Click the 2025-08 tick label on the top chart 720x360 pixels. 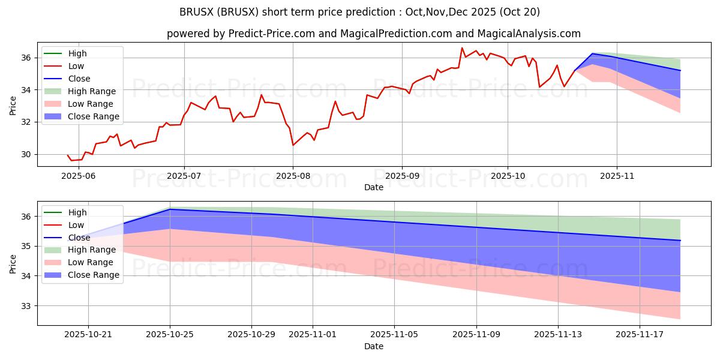[293, 176]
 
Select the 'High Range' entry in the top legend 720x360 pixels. [92, 91]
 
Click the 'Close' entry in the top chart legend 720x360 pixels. [79, 79]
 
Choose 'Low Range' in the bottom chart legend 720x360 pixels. [91, 262]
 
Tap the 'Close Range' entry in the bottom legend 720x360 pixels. [94, 275]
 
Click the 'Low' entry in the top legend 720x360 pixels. [76, 66]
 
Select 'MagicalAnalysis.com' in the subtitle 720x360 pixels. [528, 34]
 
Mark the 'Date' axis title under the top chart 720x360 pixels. [373, 187]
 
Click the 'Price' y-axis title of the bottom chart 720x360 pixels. [13, 263]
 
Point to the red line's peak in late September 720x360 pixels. [462, 48]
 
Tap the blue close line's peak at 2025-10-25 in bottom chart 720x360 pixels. [170, 209]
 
